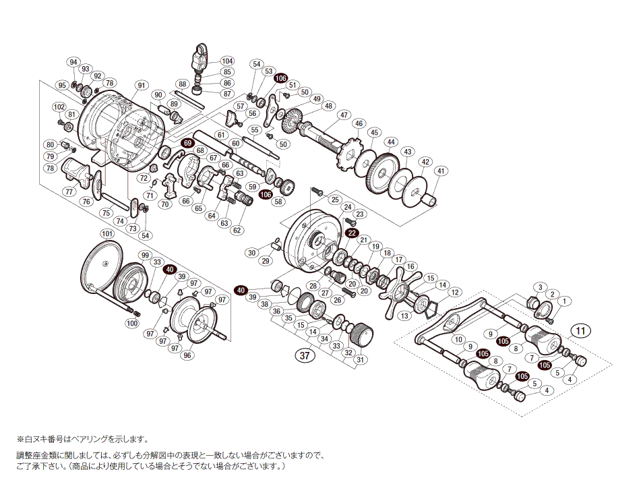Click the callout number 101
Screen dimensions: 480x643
tap(106, 234)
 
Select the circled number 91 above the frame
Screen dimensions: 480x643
tap(141, 85)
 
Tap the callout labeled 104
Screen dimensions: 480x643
tap(226, 61)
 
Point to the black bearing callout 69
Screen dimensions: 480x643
tap(187, 144)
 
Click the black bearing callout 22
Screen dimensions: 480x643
tap(351, 233)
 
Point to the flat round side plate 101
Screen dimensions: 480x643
tap(101, 266)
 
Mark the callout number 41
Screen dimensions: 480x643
tap(440, 171)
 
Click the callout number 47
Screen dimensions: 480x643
tap(344, 115)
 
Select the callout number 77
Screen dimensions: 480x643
tap(69, 191)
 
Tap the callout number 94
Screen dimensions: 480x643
tap(73, 62)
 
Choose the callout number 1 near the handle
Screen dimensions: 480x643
tap(565, 301)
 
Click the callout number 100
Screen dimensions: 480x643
tap(131, 324)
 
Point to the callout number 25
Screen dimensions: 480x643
tap(335, 200)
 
